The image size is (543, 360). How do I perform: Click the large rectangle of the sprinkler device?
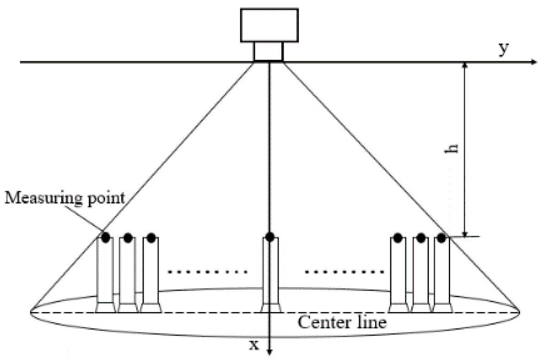[269, 25]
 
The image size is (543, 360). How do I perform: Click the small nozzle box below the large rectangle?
[269, 51]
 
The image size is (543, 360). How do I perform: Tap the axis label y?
[504, 49]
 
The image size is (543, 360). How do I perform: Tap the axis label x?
[253, 344]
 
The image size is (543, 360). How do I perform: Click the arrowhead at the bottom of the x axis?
[269, 352]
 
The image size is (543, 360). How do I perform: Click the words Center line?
[342, 323]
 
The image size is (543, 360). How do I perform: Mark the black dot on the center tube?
[270, 237]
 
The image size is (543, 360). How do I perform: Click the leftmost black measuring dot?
[106, 237]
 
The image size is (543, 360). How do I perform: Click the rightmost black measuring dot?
[441, 237]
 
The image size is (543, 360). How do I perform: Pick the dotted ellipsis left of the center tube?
[207, 272]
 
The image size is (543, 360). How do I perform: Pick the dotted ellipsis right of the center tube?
[344, 272]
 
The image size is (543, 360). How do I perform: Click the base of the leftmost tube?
[105, 307]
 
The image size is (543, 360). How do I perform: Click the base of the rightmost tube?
[442, 307]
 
